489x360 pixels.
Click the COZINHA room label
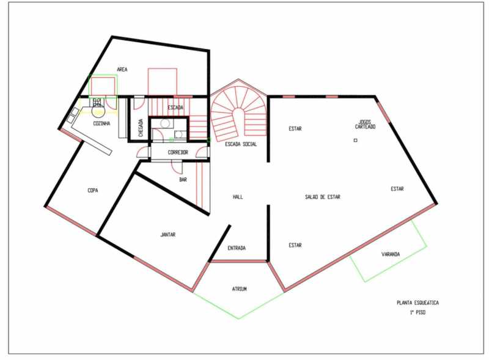click(101, 123)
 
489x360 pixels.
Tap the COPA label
click(93, 190)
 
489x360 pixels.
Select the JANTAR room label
click(167, 235)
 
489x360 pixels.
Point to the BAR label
click(183, 180)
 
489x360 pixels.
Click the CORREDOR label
click(178, 153)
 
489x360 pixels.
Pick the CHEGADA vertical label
click(141, 128)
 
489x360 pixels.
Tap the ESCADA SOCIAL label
click(241, 144)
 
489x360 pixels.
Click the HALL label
click(238, 197)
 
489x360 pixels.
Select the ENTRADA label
click(237, 248)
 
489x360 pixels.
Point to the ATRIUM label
click(239, 289)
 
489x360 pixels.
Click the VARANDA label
click(391, 254)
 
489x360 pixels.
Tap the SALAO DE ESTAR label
click(323, 197)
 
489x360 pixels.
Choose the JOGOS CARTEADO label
click(365, 125)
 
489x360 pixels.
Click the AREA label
click(122, 70)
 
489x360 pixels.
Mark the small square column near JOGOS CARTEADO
click(355, 141)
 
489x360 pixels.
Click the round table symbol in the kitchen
click(98, 111)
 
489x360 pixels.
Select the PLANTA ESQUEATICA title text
click(417, 303)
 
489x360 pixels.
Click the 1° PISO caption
click(417, 312)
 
